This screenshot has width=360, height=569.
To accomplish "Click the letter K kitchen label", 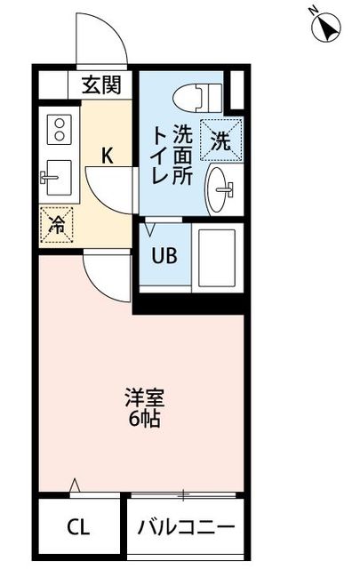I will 107,156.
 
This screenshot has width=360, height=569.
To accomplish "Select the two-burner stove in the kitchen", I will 60,129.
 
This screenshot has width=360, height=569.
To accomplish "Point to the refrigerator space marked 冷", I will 57,225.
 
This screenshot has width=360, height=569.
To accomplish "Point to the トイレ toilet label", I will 161,155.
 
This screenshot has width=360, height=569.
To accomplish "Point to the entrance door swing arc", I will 100,40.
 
